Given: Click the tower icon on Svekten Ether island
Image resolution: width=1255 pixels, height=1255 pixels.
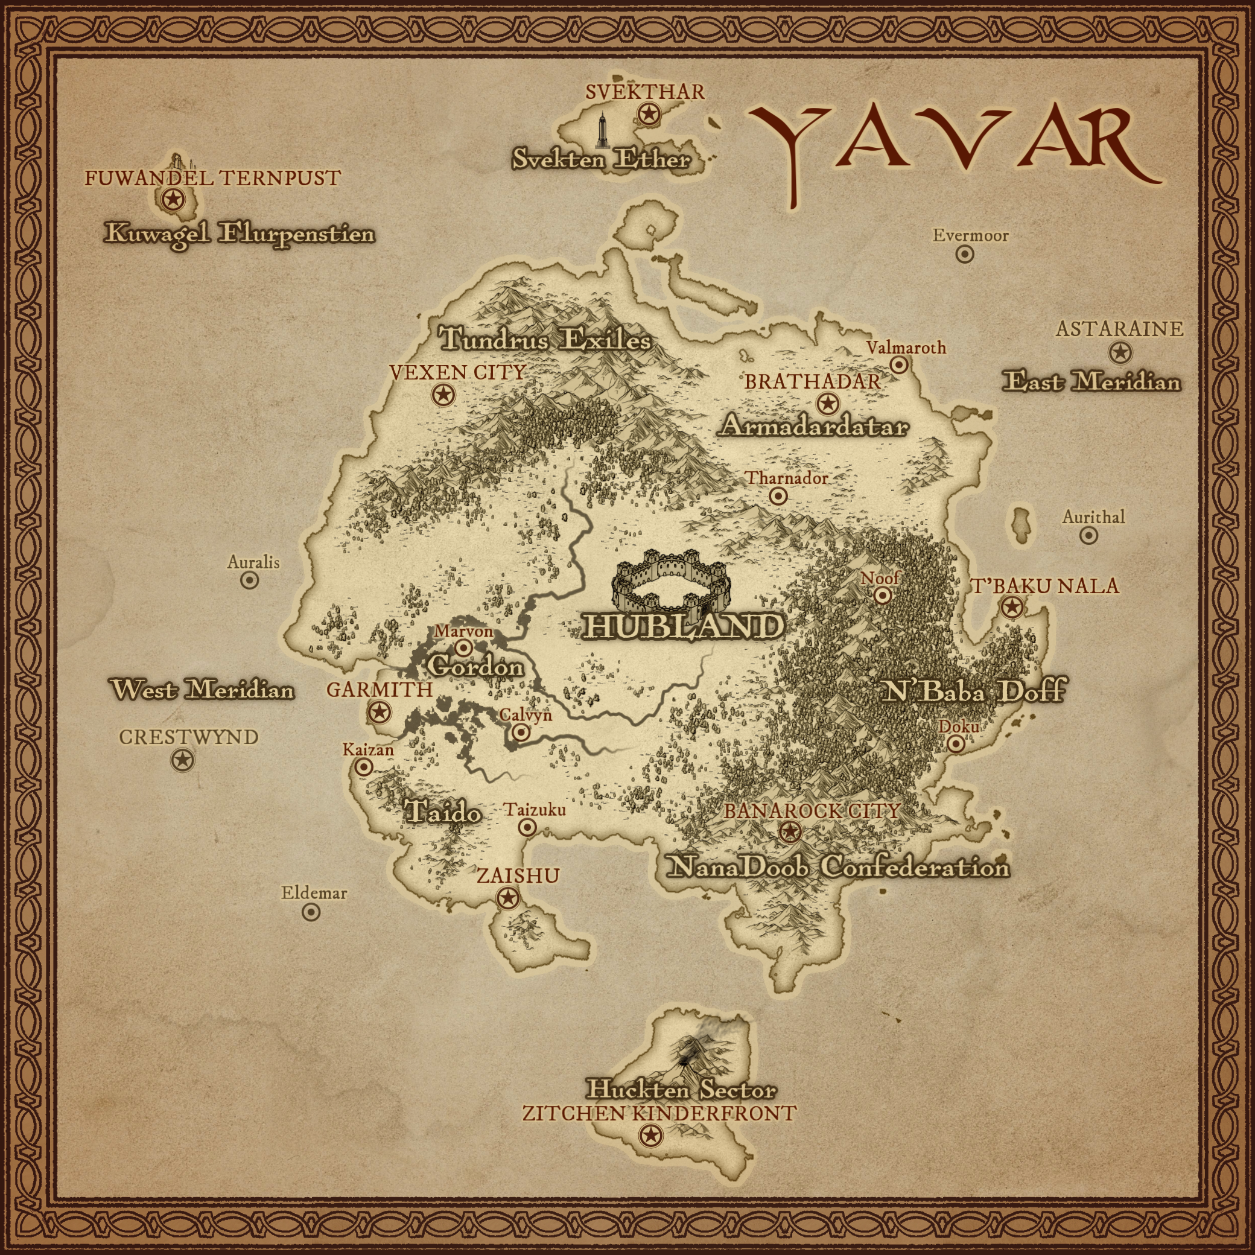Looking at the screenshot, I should point(603,130).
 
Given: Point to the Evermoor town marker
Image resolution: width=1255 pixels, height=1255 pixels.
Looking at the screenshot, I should point(965,254).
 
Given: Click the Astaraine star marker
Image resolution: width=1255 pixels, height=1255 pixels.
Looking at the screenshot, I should point(1119,353).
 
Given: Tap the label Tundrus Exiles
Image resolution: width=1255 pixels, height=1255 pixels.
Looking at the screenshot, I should point(545,339).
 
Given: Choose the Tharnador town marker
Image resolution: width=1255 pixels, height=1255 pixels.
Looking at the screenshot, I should point(778,497).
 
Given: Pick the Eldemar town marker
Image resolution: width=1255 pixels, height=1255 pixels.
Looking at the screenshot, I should point(311,912).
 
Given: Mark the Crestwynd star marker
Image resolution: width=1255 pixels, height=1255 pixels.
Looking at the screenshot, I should point(183,760).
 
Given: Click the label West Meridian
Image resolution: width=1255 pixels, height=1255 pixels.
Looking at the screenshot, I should point(202,689).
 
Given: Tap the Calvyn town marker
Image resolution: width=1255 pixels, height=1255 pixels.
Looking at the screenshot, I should point(521,732).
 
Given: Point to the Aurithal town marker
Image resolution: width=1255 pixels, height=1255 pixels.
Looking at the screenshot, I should point(1088,535).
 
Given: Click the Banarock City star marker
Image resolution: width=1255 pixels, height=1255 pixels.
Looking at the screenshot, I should point(790,831).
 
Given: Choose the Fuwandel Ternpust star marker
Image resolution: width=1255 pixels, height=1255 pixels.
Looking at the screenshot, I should point(173,199).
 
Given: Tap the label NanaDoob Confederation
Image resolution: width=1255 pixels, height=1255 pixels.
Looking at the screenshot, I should point(839,867).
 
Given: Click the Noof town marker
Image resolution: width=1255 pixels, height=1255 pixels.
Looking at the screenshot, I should point(882,594).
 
